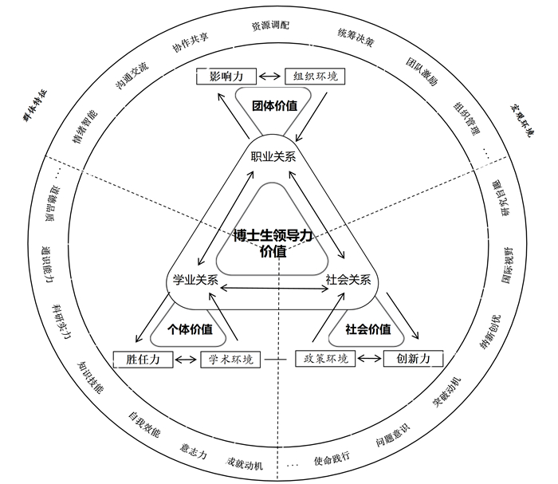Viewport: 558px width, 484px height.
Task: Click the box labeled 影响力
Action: coord(226,77)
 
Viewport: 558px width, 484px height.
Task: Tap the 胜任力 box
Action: coord(143,359)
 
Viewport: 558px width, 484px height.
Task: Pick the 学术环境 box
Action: coord(231,359)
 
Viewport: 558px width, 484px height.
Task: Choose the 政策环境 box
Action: coord(327,359)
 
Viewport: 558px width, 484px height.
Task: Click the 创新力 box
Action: coord(413,359)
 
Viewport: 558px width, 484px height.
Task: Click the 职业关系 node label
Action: coord(273,156)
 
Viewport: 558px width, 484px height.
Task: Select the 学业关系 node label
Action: coord(195,279)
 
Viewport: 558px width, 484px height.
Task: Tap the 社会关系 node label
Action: coord(348,279)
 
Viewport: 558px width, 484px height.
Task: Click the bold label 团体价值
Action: coord(274,105)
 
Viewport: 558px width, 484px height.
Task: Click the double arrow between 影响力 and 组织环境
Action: coord(270,77)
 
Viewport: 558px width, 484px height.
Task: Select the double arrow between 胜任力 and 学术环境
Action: coord(187,360)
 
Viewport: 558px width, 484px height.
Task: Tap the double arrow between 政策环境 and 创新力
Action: coord(369,360)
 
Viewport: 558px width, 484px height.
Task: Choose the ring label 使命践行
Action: coord(332,460)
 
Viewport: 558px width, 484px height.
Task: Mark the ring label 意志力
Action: coord(194,453)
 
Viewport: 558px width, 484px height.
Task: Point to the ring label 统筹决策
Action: coord(353,37)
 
